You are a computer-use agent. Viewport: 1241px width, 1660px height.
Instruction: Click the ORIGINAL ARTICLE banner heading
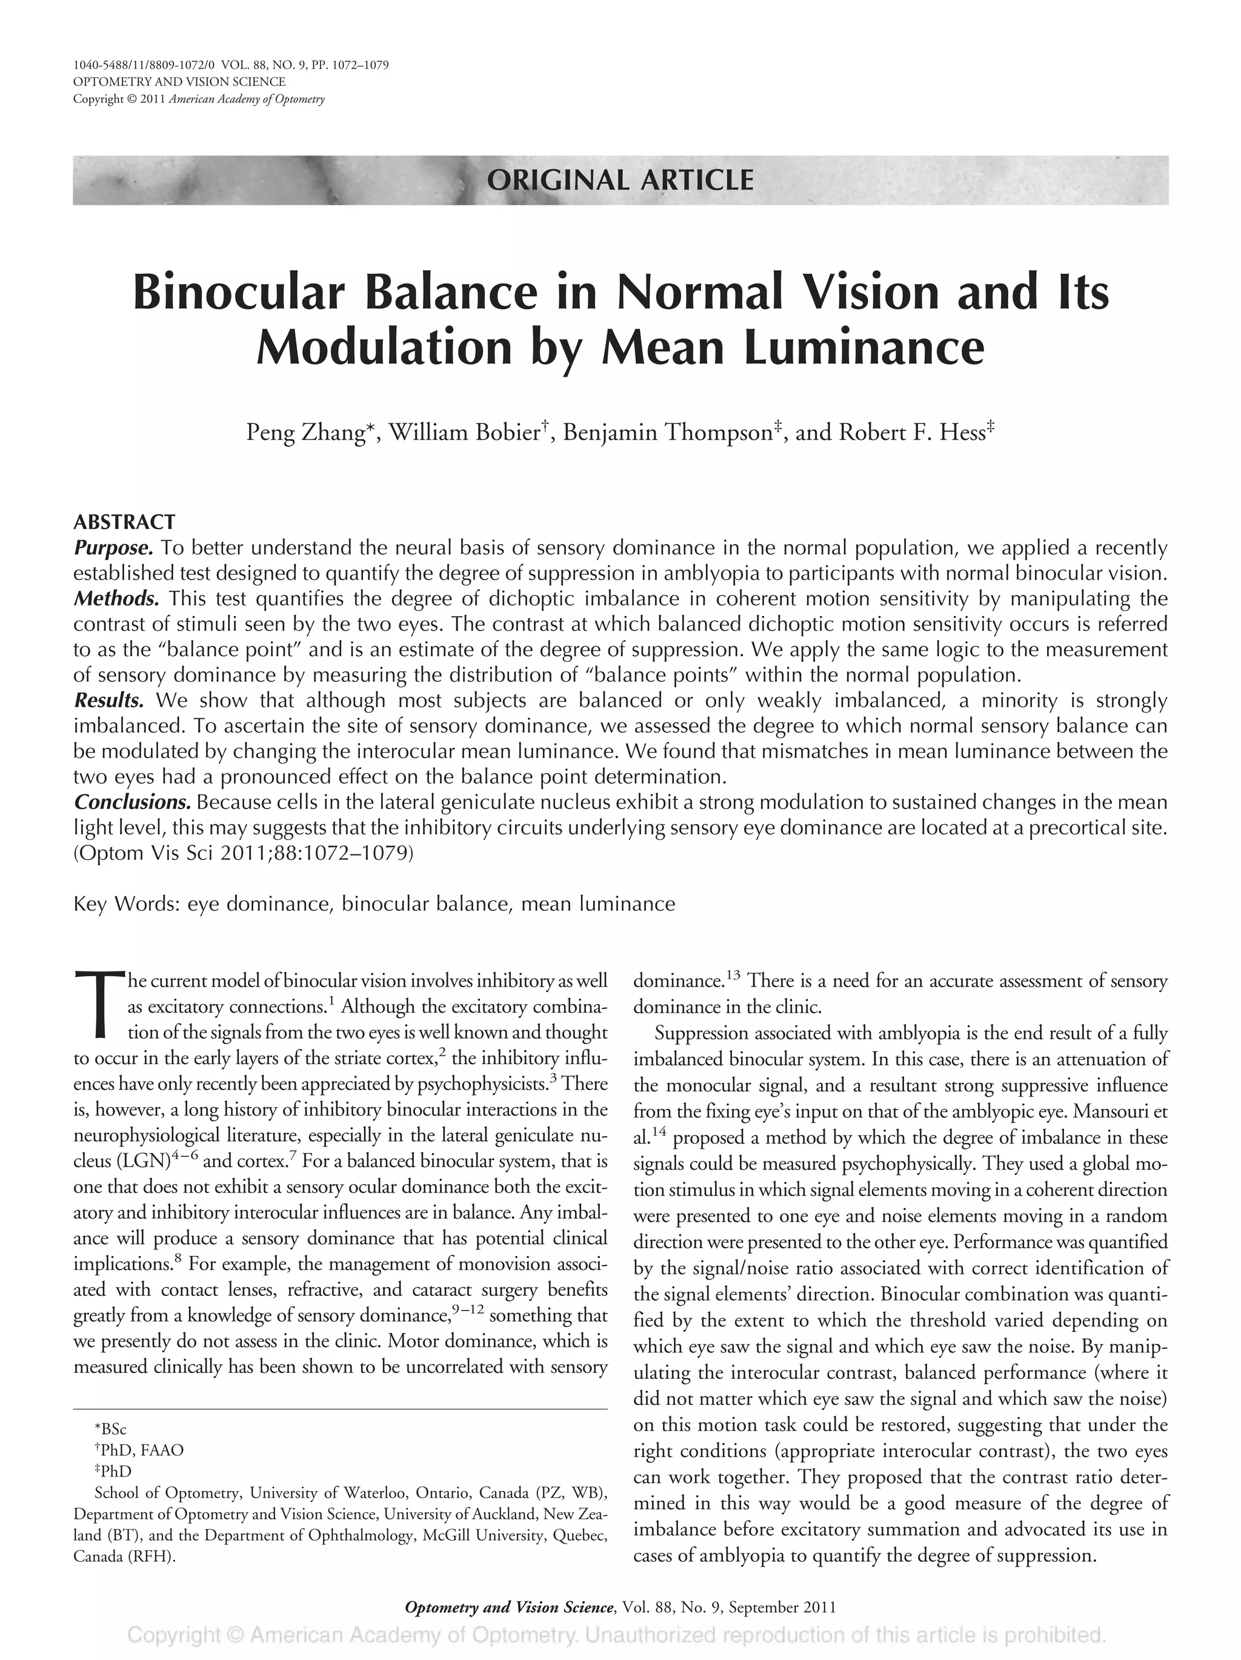point(620,180)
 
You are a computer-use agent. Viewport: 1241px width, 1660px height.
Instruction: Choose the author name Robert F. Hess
point(910,433)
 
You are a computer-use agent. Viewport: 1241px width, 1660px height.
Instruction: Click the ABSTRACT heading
point(124,521)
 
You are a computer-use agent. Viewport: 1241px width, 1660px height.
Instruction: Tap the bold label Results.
point(109,700)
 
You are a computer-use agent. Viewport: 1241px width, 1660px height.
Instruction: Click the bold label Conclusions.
point(133,802)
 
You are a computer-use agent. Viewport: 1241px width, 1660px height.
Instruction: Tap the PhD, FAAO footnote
point(139,1450)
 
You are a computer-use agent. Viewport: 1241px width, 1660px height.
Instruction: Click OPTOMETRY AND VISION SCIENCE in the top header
point(179,82)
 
